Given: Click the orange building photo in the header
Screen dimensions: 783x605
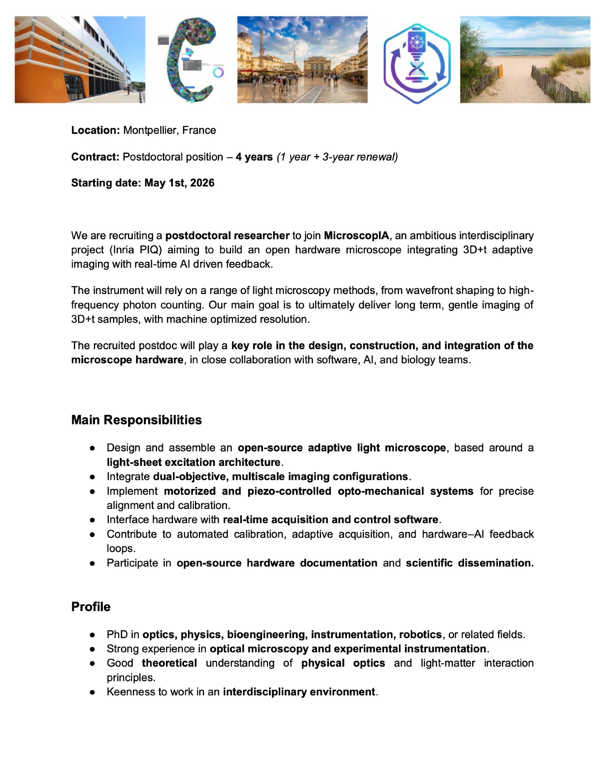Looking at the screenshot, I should [x=80, y=60].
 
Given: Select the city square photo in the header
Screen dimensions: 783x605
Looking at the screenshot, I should [x=302, y=60].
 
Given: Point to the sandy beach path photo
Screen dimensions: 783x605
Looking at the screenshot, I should [x=525, y=60].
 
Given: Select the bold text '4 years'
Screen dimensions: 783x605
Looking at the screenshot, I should [x=254, y=157].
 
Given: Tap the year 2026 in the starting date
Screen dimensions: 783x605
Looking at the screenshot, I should [x=202, y=183].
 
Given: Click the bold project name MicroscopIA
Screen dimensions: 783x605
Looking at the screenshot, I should [x=356, y=236].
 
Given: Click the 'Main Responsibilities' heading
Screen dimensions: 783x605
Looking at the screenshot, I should [x=136, y=420].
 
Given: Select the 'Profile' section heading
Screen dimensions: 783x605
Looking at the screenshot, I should [x=91, y=606].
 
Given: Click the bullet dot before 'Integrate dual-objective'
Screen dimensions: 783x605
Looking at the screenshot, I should [x=92, y=477].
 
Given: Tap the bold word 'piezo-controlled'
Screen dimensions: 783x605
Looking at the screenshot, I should [x=289, y=491].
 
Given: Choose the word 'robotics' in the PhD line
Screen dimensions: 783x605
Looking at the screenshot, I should [x=420, y=634].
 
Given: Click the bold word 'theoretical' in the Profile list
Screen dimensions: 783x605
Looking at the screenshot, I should [x=169, y=663].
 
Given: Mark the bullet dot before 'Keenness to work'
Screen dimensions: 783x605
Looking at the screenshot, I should [x=92, y=692].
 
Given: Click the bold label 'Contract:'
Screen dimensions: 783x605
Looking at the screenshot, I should [x=95, y=157].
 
